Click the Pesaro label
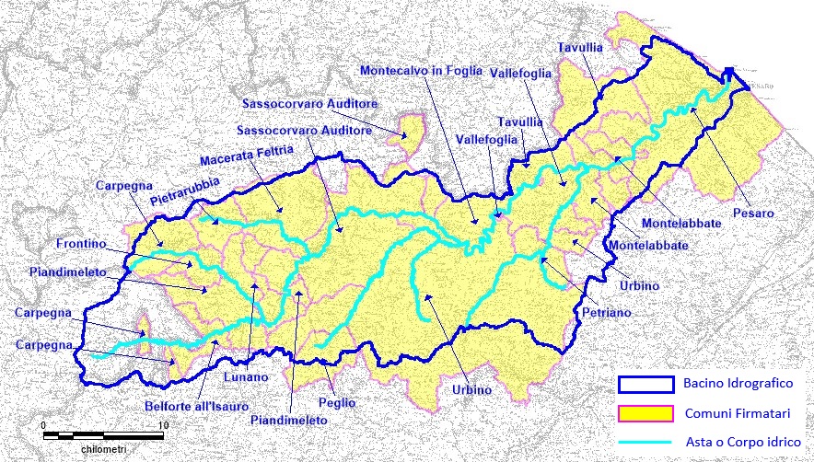753,214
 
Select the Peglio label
337,403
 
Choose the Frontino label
81,245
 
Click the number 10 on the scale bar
163,424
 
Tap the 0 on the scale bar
44,424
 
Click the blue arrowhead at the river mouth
729,74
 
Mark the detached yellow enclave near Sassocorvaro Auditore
412,129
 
